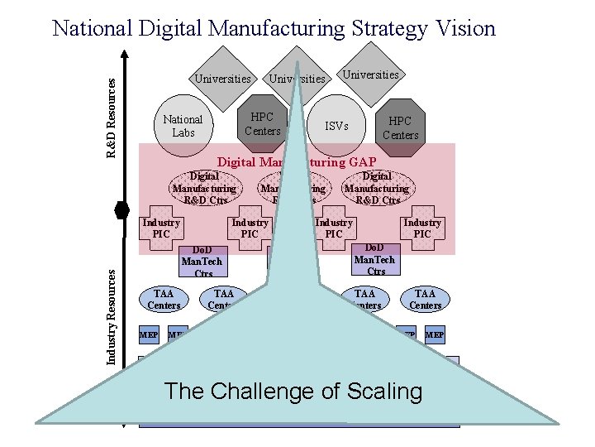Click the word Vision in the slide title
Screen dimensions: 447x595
(461, 29)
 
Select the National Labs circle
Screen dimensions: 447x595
(183, 125)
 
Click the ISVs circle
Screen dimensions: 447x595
(336, 126)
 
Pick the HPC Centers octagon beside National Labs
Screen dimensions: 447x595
(263, 123)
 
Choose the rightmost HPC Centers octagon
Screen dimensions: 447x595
(401, 127)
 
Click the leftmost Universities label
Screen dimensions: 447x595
(222, 79)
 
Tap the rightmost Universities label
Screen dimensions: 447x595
(370, 74)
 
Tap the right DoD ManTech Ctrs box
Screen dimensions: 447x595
(375, 259)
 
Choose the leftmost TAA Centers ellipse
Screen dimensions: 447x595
(164, 299)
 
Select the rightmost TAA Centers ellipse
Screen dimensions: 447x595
(425, 299)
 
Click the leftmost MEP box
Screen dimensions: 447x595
(149, 335)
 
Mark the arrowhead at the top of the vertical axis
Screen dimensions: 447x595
(123, 55)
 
